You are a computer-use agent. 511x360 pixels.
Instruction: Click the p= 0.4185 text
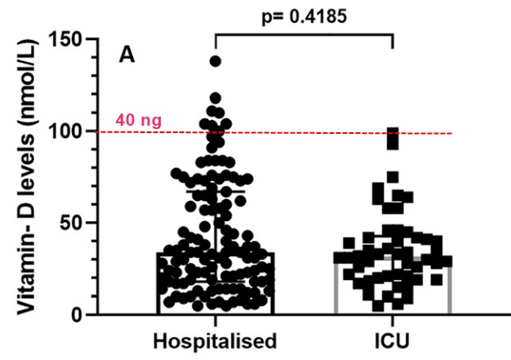[x=304, y=16]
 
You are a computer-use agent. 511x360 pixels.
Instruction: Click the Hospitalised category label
[x=216, y=339]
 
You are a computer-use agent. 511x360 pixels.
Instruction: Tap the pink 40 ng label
[x=139, y=120]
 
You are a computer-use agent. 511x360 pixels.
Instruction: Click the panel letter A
[x=127, y=55]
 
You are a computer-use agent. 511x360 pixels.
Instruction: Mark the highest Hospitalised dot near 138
[x=216, y=60]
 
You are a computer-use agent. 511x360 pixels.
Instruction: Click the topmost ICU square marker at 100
[x=393, y=132]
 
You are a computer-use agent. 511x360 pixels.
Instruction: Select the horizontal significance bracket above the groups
[x=304, y=33]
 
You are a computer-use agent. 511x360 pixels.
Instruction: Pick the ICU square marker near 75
[x=393, y=177]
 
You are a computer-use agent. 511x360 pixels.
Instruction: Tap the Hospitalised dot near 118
[x=216, y=97]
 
